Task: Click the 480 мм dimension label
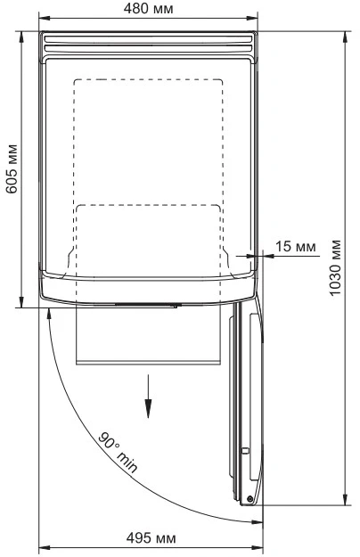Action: pyautogui.click(x=149, y=9)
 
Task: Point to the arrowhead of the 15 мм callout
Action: pyautogui.click(x=258, y=256)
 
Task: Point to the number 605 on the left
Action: pyautogui.click(x=12, y=180)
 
